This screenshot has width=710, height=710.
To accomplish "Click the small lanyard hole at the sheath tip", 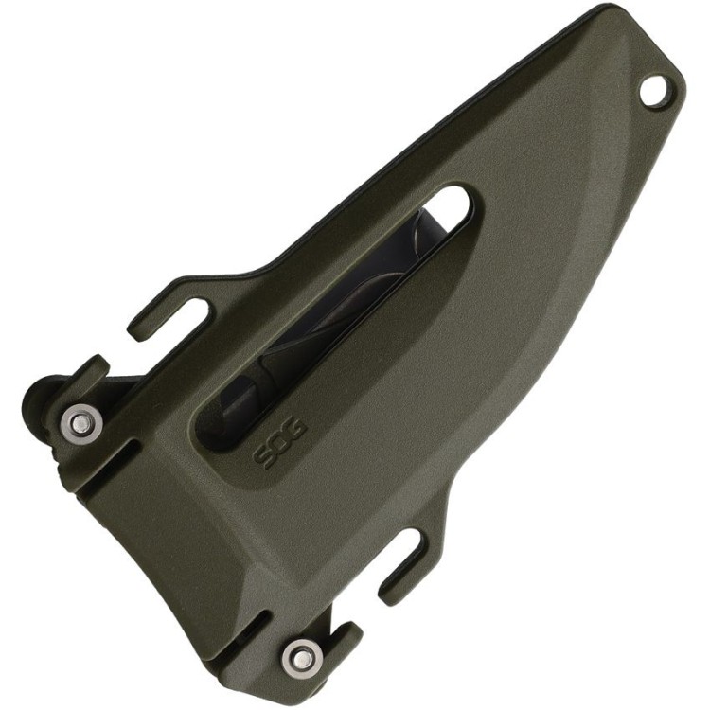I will click(653, 90).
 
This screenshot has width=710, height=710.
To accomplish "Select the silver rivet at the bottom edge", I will click(301, 654).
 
